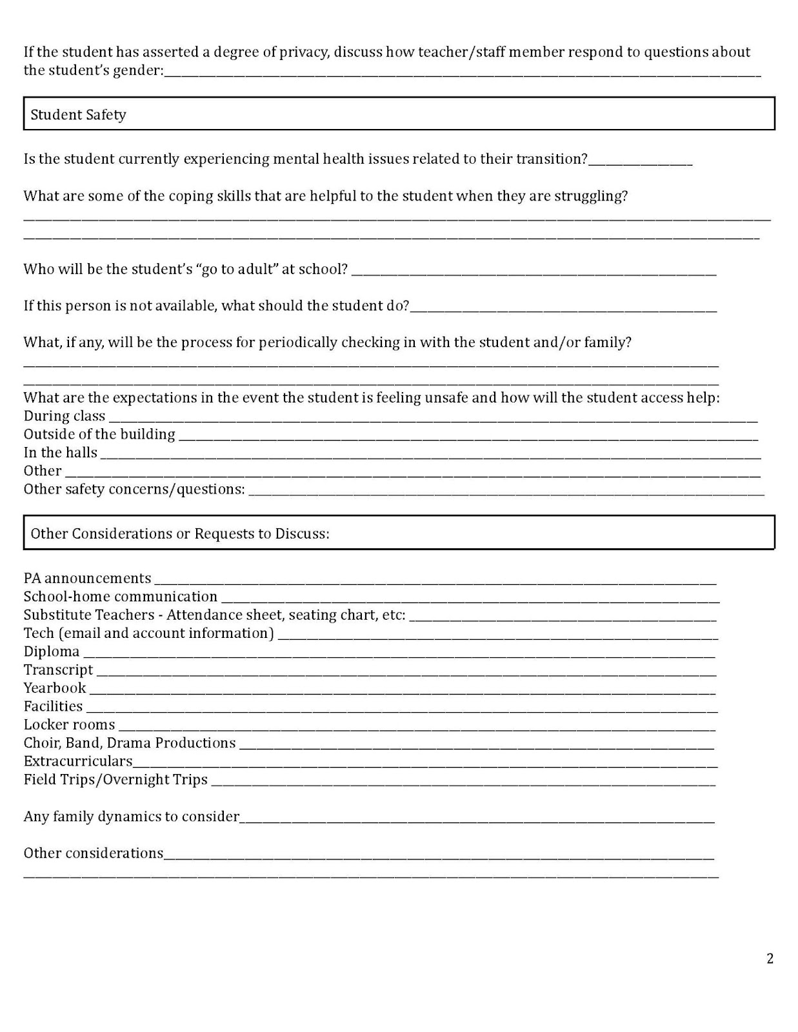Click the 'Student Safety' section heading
pyautogui.click(x=78, y=115)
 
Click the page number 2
pyautogui.click(x=770, y=958)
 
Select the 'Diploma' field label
pyautogui.click(x=52, y=651)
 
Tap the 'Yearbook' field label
pyautogui.click(x=55, y=688)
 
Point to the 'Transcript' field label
pyautogui.click(x=58, y=670)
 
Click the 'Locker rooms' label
pyautogui.click(x=69, y=725)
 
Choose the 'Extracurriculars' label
pyautogui.click(x=78, y=761)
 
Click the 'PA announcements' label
pyautogui.click(x=87, y=579)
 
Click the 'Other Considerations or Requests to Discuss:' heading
pyautogui.click(x=180, y=534)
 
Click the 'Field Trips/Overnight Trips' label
pyautogui.click(x=115, y=780)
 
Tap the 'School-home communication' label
pyautogui.click(x=121, y=597)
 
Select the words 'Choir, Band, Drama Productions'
pyautogui.click(x=130, y=743)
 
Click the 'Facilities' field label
pyautogui.click(x=53, y=706)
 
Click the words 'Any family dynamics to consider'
pyautogui.click(x=132, y=817)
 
